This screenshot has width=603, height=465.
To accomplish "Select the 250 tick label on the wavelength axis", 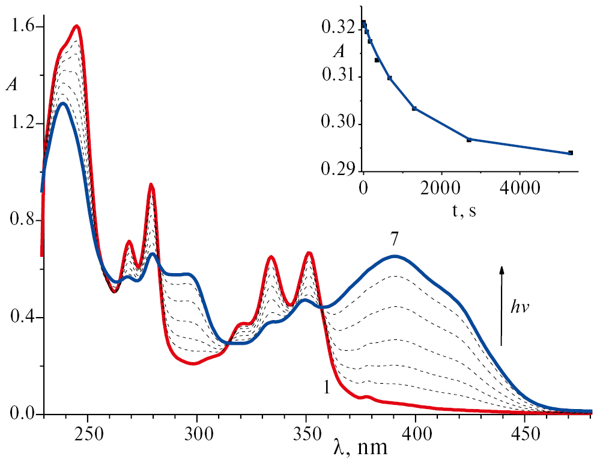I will click(x=88, y=428).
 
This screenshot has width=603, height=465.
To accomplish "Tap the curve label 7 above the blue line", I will click(x=394, y=239).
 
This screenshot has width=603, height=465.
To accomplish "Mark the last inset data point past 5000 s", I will click(x=570, y=153).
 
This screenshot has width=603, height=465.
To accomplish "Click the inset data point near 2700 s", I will click(x=468, y=140).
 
